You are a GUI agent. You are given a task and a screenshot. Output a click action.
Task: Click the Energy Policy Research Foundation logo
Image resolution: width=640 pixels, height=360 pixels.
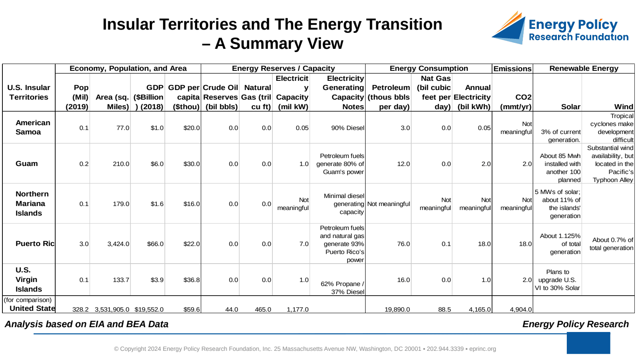(560, 28)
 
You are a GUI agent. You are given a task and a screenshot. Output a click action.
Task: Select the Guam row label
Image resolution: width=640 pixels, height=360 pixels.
(26, 164)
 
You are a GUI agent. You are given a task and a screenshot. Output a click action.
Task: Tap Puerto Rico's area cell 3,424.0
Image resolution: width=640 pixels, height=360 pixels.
(118, 244)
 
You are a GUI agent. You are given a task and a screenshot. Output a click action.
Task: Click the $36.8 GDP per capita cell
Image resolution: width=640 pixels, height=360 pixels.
(192, 280)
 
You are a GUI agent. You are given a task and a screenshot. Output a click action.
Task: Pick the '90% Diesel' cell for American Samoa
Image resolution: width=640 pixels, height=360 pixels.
(348, 128)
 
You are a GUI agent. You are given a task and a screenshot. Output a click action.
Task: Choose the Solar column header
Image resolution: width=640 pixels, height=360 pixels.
(570, 107)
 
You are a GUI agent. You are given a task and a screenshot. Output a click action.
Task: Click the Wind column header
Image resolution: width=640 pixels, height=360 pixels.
(624, 107)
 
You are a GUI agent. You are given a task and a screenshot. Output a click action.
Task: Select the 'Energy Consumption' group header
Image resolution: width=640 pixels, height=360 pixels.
(428, 68)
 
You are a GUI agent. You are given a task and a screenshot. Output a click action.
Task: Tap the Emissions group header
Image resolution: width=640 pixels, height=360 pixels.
(512, 69)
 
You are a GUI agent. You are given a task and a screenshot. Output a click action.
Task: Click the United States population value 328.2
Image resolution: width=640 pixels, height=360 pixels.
(80, 310)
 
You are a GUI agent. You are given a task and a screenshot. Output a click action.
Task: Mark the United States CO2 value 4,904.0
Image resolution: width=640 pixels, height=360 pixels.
(521, 310)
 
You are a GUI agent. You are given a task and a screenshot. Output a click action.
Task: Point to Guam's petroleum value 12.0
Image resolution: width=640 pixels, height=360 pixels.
(404, 164)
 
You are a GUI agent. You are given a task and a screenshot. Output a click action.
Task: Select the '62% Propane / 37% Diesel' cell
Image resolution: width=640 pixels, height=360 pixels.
(342, 288)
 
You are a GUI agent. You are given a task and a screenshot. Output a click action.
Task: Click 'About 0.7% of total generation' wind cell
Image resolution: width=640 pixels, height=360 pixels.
(612, 244)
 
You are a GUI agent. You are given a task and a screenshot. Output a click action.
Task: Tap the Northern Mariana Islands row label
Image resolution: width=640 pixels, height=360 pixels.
(32, 204)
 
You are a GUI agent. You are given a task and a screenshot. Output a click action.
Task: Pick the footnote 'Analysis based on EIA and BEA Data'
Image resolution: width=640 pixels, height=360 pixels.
(86, 324)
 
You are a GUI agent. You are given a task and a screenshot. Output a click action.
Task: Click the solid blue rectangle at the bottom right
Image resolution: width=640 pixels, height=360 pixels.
(588, 343)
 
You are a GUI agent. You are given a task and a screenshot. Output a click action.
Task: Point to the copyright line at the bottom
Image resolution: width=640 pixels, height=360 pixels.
(305, 349)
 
